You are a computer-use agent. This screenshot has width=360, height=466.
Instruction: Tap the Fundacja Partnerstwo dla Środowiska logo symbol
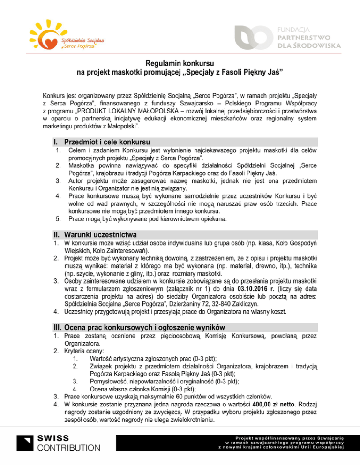click(x=254, y=36)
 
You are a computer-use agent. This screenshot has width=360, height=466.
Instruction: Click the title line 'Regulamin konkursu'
click(x=180, y=63)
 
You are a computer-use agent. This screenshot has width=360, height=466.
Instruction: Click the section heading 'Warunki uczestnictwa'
click(x=99, y=234)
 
